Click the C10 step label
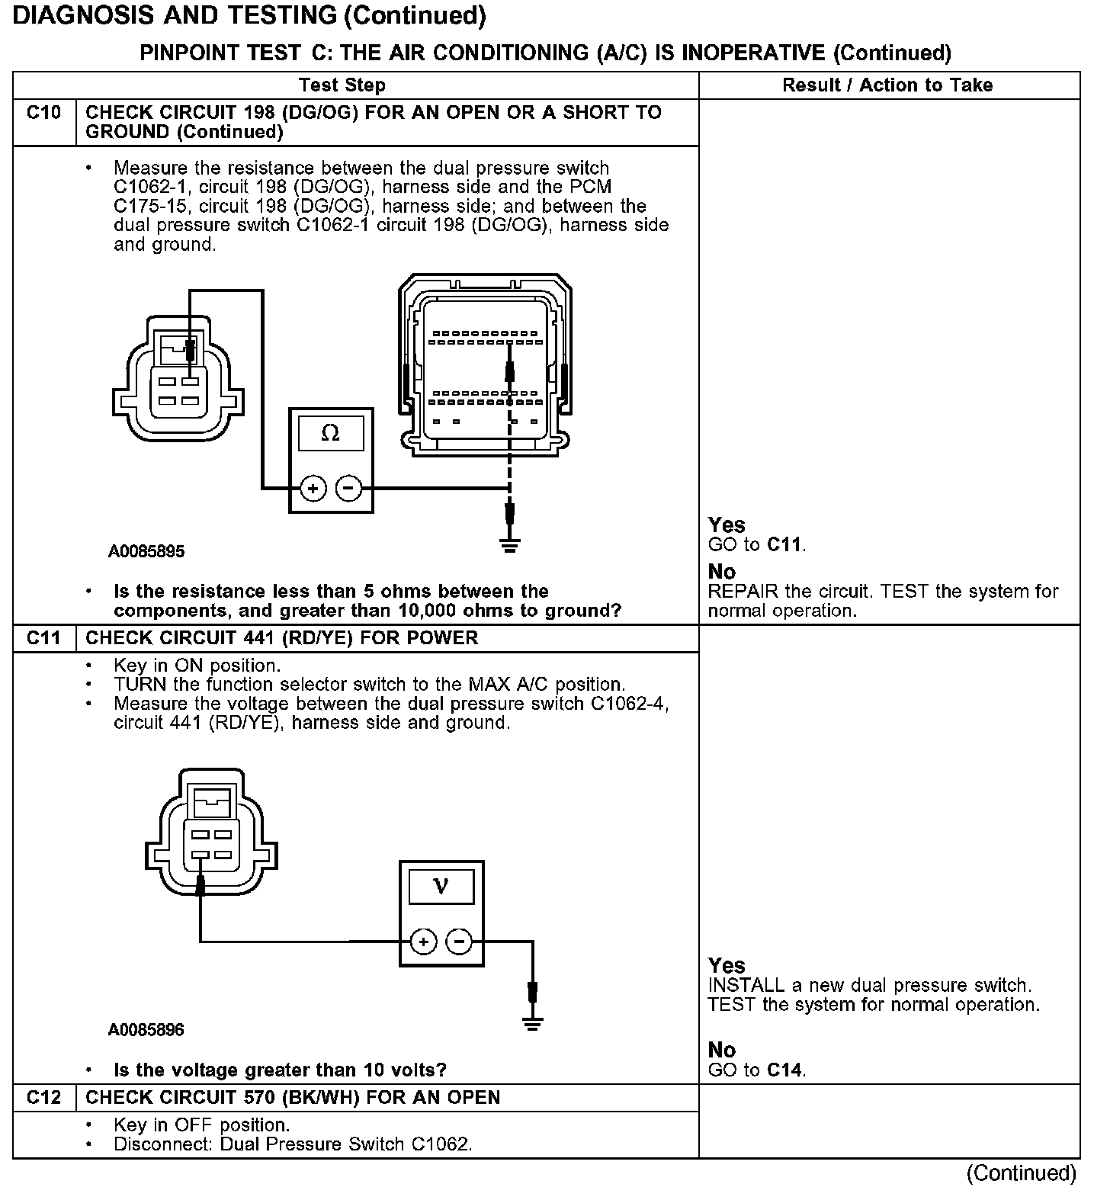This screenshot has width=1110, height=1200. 43,113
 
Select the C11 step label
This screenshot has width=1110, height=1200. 43,637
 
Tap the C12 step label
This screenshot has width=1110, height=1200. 43,1097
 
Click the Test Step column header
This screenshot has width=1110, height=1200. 342,85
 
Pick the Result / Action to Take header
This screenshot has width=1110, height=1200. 887,85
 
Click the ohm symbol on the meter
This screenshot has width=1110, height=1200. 330,433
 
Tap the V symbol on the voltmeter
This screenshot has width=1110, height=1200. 441,886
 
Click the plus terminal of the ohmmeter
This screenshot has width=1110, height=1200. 313,488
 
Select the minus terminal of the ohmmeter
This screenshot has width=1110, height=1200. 349,488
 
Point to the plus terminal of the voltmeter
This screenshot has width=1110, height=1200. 423,942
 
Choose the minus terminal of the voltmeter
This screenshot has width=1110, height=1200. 459,942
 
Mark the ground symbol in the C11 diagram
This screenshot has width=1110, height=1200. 534,1023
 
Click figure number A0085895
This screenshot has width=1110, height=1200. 146,551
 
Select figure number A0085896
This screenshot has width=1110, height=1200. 146,1030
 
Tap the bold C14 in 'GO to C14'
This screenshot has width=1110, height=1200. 784,1070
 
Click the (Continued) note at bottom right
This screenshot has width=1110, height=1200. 1022,1173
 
